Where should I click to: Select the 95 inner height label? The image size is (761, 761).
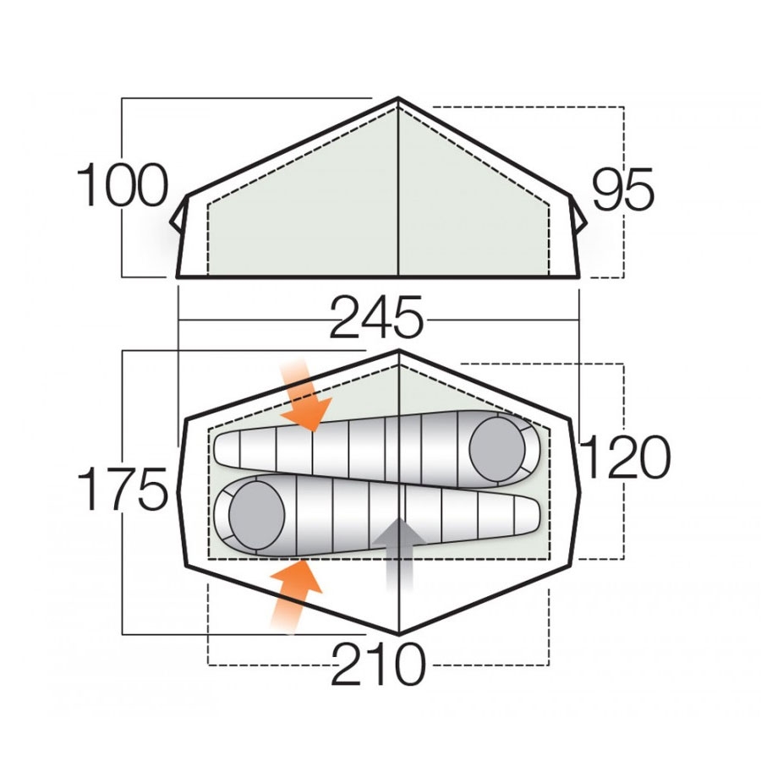click(x=623, y=189)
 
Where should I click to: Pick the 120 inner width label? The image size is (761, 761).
click(x=624, y=459)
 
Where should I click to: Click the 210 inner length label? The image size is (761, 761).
click(x=378, y=665)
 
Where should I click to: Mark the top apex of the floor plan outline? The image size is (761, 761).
click(x=398, y=351)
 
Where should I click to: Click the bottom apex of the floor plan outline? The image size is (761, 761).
click(x=398, y=633)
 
